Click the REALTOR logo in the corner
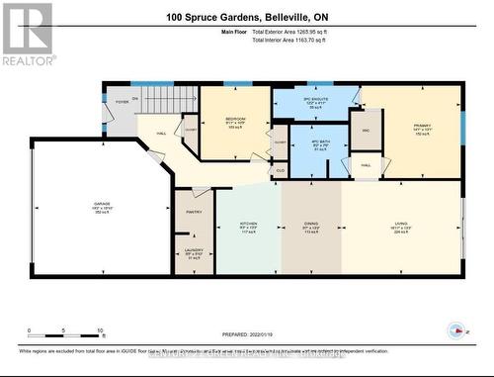tap(27, 34)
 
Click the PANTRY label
tap(194, 211)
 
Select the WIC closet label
tap(365, 130)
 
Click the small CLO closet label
tap(280, 169)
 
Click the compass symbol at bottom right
tap(455, 329)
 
